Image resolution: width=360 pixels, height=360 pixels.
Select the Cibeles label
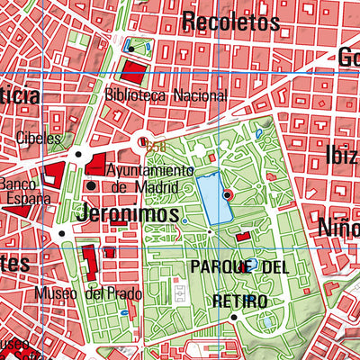(39, 139)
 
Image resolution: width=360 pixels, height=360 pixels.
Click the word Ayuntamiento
(149, 170)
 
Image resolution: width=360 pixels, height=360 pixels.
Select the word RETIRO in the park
(238, 298)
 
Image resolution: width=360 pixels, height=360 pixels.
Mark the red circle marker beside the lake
(227, 194)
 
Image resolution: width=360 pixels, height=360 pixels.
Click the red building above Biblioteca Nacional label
(132, 72)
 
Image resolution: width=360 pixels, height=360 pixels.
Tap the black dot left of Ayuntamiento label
(92, 186)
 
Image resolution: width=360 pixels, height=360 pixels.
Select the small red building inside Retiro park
(243, 236)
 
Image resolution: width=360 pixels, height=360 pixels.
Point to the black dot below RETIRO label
(233, 317)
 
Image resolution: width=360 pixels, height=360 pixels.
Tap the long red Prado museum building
(89, 263)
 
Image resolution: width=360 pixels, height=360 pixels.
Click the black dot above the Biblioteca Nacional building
(131, 44)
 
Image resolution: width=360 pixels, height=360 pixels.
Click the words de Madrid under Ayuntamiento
(152, 187)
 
